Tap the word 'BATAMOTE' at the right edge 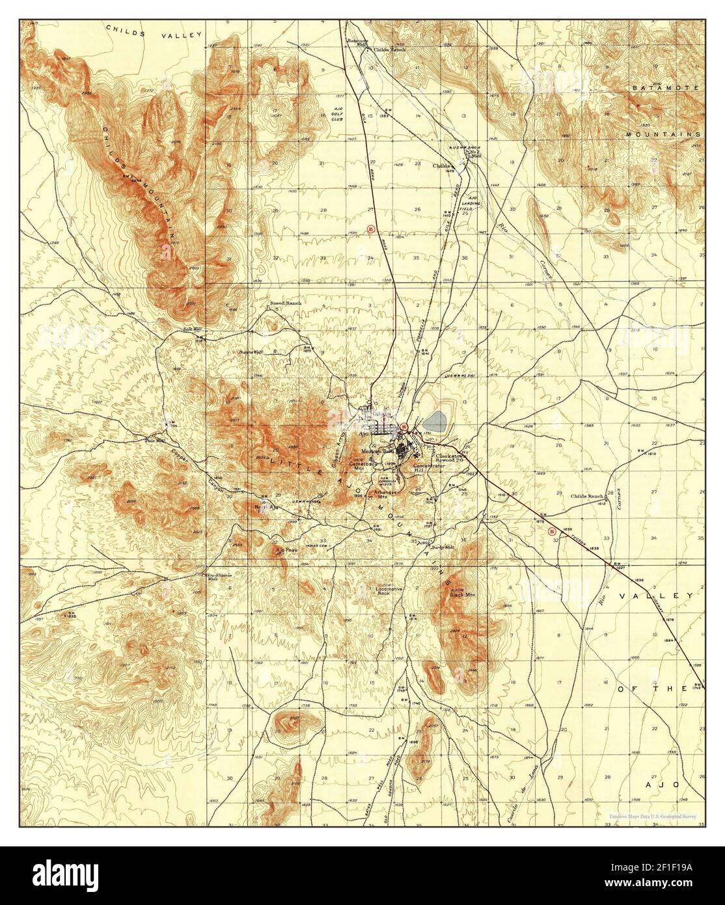[663, 87]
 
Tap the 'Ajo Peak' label [286, 550]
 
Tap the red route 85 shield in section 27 [370, 229]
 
